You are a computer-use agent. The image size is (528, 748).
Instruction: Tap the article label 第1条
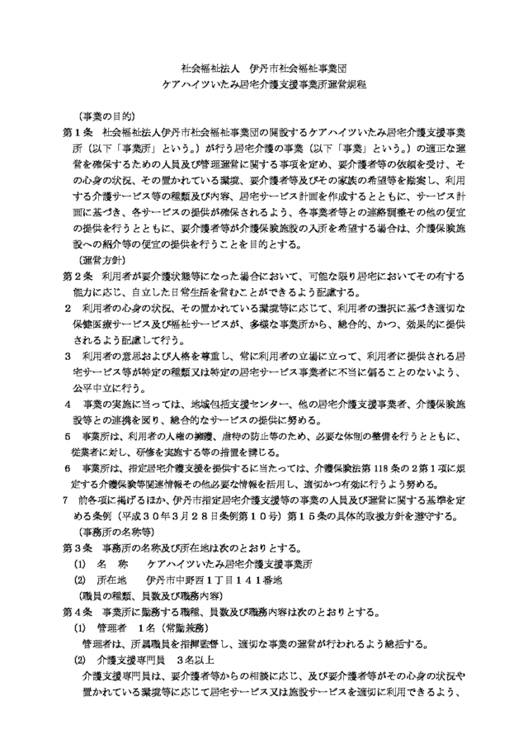coord(78,131)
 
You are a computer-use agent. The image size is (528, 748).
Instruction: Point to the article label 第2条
coord(78,274)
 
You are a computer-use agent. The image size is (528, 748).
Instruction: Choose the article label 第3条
coord(78,547)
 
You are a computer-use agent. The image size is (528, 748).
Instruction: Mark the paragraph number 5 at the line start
coord(67,435)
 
